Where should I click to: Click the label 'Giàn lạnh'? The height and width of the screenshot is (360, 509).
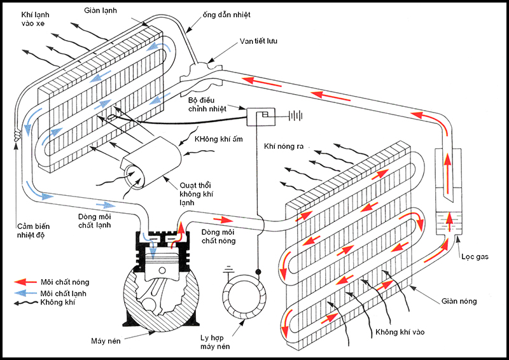[101, 11]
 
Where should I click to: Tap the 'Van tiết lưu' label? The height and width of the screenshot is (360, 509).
[258, 41]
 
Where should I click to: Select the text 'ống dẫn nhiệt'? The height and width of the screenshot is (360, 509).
[227, 15]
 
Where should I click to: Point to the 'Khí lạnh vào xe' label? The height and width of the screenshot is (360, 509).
[35, 19]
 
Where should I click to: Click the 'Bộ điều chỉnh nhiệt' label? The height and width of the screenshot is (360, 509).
[207, 104]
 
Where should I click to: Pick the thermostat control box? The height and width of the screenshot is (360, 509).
[261, 116]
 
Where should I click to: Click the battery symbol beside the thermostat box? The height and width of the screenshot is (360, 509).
[296, 116]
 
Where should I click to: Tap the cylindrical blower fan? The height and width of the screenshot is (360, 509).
[151, 163]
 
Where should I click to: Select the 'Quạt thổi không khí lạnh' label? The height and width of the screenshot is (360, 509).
[196, 194]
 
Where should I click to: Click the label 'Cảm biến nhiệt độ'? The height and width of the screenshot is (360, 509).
[33, 230]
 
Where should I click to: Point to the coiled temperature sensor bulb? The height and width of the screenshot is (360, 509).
[17, 134]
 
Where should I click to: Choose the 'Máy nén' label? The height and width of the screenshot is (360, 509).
[106, 341]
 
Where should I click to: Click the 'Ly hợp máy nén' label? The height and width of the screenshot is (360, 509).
[215, 342]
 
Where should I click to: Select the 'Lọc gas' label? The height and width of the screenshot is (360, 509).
[475, 257]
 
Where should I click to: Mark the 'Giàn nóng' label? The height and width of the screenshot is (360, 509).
[459, 301]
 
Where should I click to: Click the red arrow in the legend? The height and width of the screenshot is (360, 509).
[25, 282]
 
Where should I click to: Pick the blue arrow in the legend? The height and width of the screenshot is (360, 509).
[25, 293]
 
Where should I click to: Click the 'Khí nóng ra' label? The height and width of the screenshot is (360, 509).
[283, 146]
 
